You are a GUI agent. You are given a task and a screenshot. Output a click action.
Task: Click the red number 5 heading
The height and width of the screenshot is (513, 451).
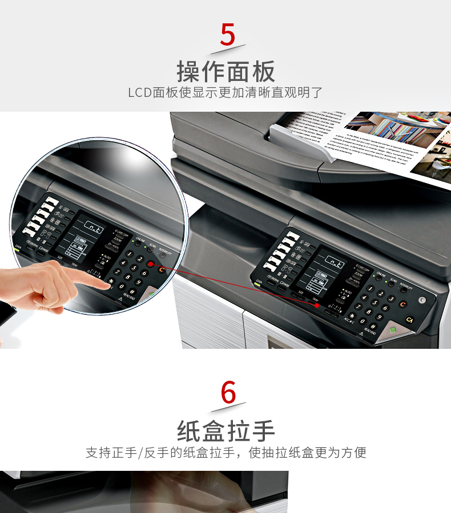click(x=227, y=35)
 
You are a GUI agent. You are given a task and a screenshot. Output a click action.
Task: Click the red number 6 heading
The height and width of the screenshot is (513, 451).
click(x=228, y=392)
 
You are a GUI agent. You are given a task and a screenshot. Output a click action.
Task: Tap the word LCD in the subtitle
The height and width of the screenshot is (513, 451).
click(x=139, y=92)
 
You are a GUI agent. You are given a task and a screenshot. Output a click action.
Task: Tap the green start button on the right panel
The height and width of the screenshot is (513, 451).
click(x=393, y=331)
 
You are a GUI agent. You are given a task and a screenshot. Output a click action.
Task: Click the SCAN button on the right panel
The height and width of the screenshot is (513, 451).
click(x=391, y=283)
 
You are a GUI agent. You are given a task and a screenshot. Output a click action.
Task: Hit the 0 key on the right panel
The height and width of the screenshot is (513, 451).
click(x=362, y=320)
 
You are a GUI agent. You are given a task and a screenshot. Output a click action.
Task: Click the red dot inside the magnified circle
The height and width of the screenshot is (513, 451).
click(x=150, y=264)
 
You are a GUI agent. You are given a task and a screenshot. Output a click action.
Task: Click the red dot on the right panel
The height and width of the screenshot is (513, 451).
click(x=317, y=306)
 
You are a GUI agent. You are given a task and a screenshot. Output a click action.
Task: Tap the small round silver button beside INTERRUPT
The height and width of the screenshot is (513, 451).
click(x=422, y=300)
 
